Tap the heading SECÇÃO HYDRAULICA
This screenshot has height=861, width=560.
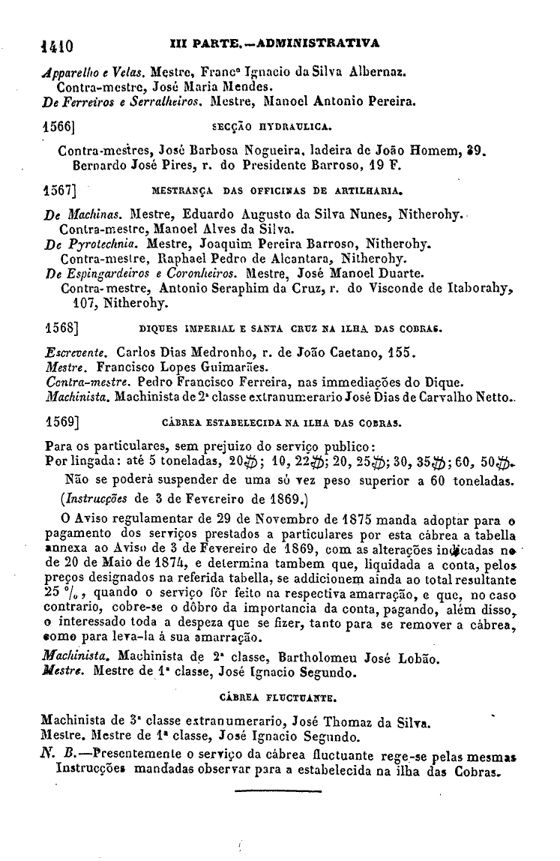(277, 128)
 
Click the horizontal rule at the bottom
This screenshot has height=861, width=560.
(277, 790)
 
